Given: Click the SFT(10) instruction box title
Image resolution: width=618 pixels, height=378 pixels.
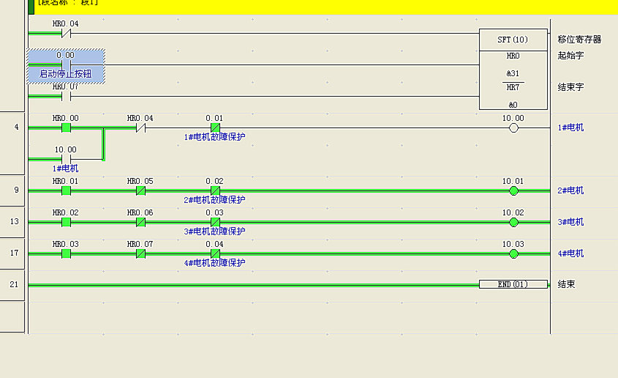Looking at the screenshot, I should pos(513,40).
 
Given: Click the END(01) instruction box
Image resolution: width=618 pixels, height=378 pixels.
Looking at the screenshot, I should pos(513,284).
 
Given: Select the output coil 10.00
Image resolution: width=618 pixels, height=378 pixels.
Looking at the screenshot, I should pos(513,127).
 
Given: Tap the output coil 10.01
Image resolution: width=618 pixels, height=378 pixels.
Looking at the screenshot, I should pos(513,190).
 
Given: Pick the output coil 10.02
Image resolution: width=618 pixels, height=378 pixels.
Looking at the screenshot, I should pos(513,222).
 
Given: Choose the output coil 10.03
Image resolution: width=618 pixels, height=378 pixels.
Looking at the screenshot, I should pos(513,253).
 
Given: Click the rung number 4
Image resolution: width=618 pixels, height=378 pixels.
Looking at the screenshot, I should pos(16,127).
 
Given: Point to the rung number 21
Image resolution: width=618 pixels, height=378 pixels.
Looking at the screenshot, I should pos(14,284).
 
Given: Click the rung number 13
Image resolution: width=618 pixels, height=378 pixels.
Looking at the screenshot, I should pos(14,222).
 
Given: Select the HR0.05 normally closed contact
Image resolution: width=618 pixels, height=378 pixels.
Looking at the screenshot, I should pos(140,190).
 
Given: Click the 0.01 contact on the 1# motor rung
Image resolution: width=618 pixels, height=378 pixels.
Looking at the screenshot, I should pos(215,127).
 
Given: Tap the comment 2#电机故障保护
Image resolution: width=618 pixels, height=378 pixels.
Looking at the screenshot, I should pos(214,200).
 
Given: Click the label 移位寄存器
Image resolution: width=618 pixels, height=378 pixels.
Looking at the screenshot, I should pos(579,40).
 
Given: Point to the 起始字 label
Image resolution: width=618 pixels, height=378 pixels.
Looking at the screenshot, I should pos(570,56).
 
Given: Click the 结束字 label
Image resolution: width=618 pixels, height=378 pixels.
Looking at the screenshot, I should pos(570,87).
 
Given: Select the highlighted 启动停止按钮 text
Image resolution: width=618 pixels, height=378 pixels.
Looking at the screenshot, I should pos(66,74).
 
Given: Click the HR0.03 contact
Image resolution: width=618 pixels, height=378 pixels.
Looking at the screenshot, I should pos(66,253).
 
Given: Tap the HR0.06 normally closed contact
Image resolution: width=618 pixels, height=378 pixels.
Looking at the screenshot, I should pos(140,222).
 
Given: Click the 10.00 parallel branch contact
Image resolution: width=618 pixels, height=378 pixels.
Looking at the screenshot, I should pos(66,158).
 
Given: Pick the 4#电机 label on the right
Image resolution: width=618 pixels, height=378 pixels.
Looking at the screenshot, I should pos(570,253).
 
